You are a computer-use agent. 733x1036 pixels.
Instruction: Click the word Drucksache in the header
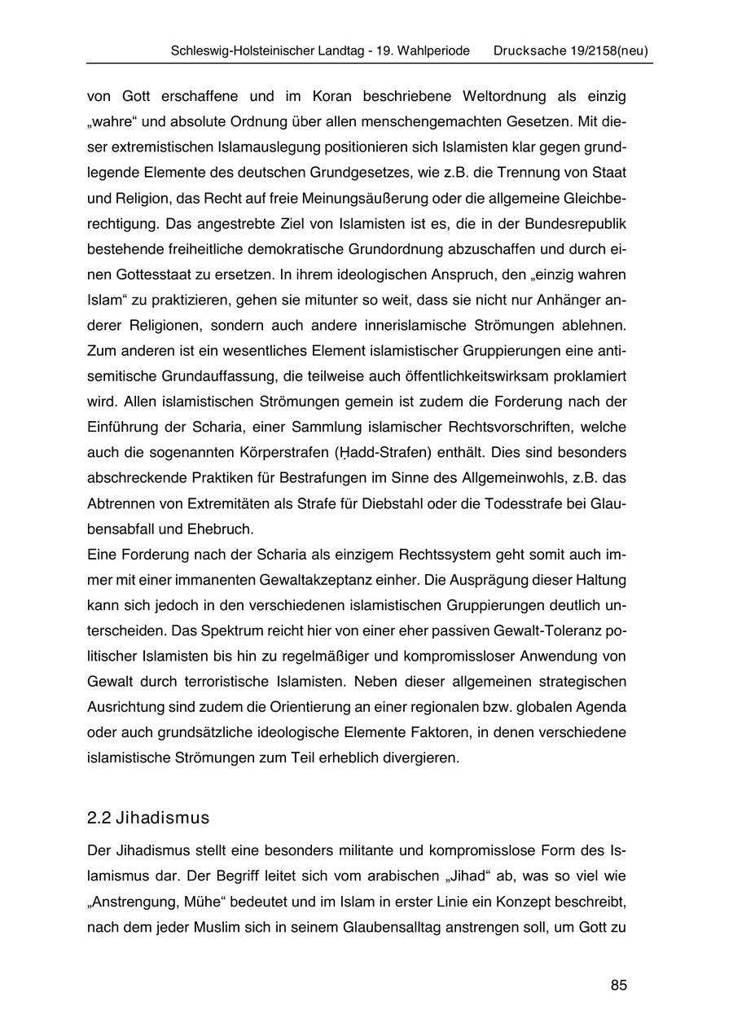click(526, 50)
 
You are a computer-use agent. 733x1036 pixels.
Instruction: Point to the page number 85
click(619, 985)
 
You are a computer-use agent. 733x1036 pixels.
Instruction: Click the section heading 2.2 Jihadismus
click(148, 818)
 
